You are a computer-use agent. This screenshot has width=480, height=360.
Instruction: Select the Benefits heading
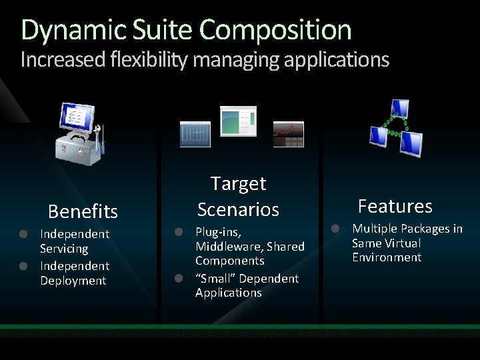click(83, 212)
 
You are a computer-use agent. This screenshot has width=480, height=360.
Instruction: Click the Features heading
click(395, 206)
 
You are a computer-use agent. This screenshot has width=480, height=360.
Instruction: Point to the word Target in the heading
click(238, 183)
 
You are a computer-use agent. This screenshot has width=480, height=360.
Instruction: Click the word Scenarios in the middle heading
click(238, 209)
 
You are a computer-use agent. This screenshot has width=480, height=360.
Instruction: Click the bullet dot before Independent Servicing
click(23, 234)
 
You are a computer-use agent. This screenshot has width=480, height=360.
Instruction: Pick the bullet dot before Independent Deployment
click(23, 266)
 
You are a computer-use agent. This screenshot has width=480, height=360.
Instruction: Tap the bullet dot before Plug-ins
click(179, 232)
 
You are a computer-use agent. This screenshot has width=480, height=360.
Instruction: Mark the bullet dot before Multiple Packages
click(337, 229)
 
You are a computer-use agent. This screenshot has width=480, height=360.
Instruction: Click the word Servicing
click(64, 249)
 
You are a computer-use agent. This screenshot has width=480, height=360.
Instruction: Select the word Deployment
click(73, 281)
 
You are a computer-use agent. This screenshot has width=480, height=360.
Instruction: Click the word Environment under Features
click(387, 257)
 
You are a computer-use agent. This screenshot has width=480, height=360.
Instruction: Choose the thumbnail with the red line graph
click(288, 134)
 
